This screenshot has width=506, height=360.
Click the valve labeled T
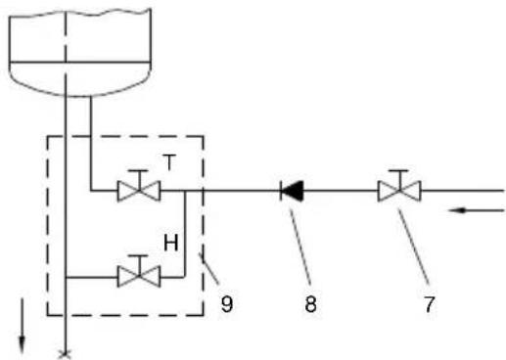click(x=139, y=191)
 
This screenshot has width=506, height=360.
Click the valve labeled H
click(x=139, y=277)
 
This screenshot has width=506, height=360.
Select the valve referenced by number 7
click(x=399, y=191)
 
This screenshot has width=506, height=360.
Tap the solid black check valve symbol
click(x=292, y=191)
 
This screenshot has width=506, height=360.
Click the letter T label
click(x=169, y=162)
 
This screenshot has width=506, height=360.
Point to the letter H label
click(x=171, y=243)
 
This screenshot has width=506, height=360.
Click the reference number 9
click(x=227, y=303)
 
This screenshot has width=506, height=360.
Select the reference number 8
click(x=310, y=304)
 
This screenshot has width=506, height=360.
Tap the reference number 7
click(x=429, y=304)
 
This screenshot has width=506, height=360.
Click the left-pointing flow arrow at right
click(x=477, y=210)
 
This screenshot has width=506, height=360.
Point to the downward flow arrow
click(x=22, y=326)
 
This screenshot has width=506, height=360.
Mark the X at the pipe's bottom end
click(x=66, y=355)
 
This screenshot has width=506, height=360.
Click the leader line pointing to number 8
click(x=299, y=244)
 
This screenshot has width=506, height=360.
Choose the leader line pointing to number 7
click(x=413, y=245)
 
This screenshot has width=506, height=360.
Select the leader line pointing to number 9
click(x=208, y=268)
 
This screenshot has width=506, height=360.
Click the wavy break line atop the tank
click(x=80, y=14)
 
